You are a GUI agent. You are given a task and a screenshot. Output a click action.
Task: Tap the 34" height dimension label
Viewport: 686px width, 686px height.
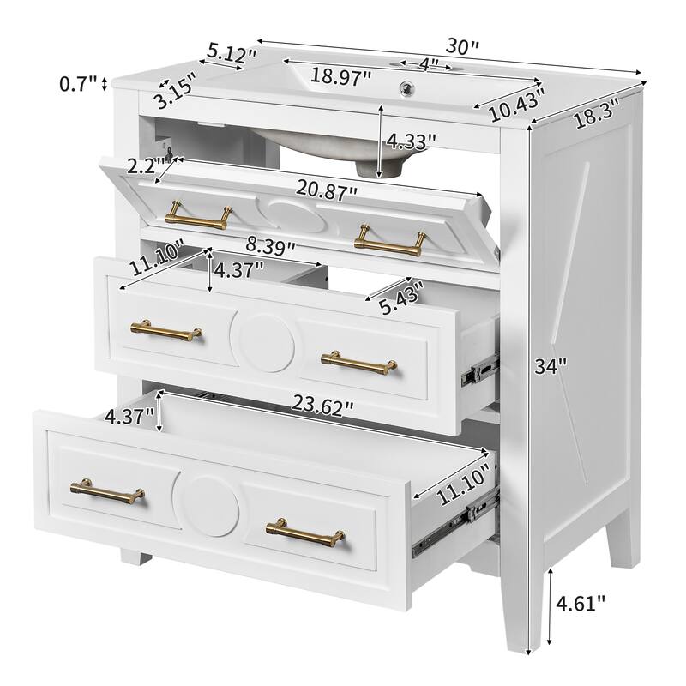[x=550, y=367]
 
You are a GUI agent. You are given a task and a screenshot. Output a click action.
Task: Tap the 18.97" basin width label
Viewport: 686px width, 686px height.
[x=340, y=75]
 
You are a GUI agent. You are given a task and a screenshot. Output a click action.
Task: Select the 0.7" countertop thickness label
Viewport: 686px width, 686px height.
[x=77, y=84]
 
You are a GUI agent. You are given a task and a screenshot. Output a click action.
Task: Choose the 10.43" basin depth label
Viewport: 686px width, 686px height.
[x=516, y=103]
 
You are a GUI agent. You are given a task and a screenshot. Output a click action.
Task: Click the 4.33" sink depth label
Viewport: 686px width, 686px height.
[x=410, y=140]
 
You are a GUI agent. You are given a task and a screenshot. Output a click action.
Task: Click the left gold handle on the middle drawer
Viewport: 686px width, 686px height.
[x=166, y=329]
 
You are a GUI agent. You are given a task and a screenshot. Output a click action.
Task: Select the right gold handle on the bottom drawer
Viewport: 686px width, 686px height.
[x=305, y=532]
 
